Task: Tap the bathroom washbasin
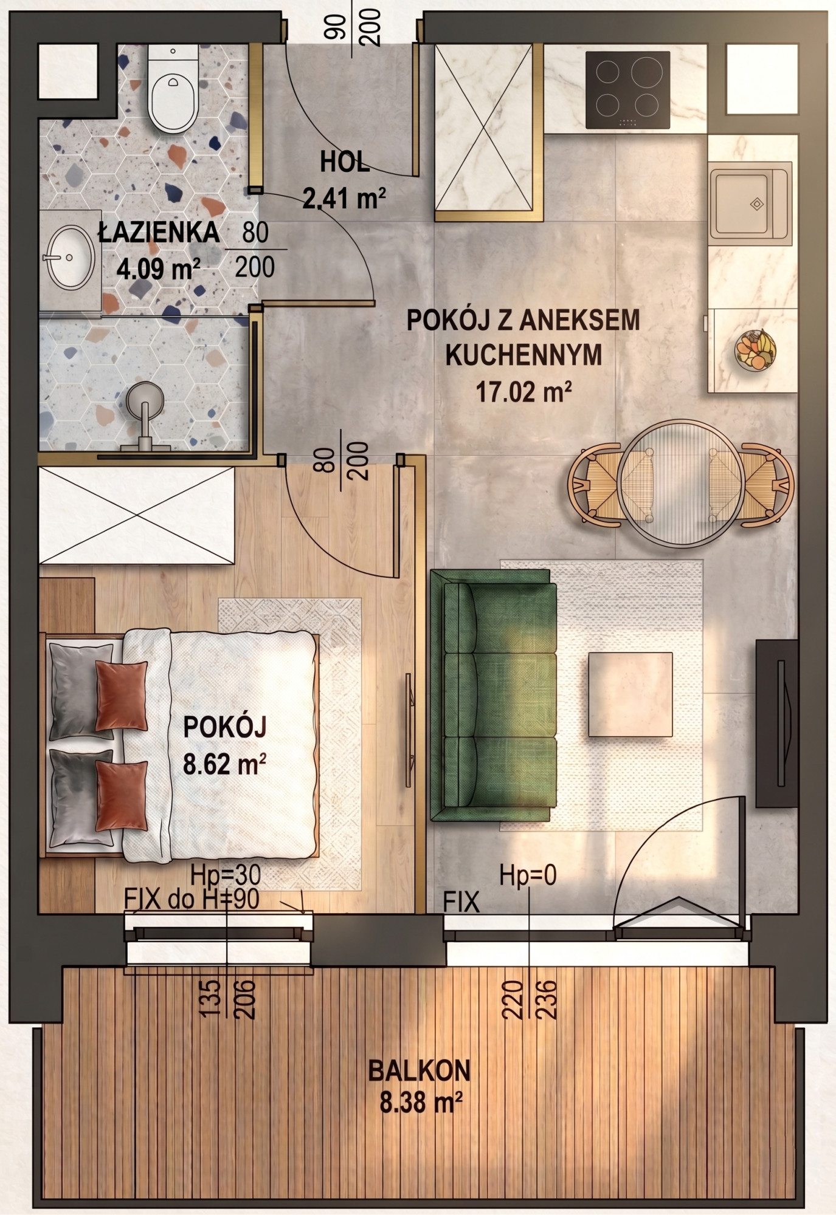coord(71,258)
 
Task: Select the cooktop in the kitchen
coord(627,90)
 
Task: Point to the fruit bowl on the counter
coord(756,349)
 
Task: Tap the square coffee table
coord(630,694)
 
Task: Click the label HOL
coord(345,162)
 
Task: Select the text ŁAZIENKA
coord(159,233)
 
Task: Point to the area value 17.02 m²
coord(523,392)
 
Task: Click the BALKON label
coord(420,1071)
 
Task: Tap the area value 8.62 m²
coord(224,764)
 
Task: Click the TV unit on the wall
coord(776,723)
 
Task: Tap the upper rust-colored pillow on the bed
coord(122,696)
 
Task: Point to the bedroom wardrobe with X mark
coord(137,515)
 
